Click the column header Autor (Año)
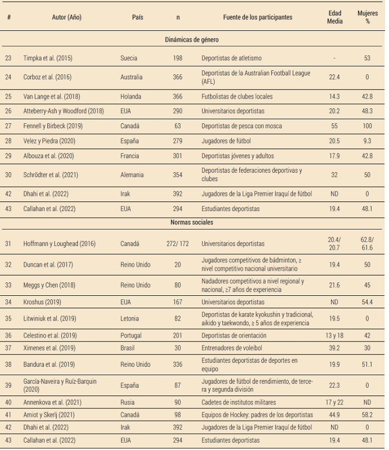pos(66,17)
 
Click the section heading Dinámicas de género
pos(192,40)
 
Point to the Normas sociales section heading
pos(192,222)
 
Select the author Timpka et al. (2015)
pos(48,58)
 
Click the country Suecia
pos(129,58)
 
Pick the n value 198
pos(178,58)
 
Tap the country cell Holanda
pos(131,96)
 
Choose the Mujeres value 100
pos(368,125)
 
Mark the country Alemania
pos(133,175)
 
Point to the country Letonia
pos(129,318)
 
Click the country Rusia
pos(128,402)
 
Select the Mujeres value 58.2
pos(368,415)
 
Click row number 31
pos(8,244)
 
